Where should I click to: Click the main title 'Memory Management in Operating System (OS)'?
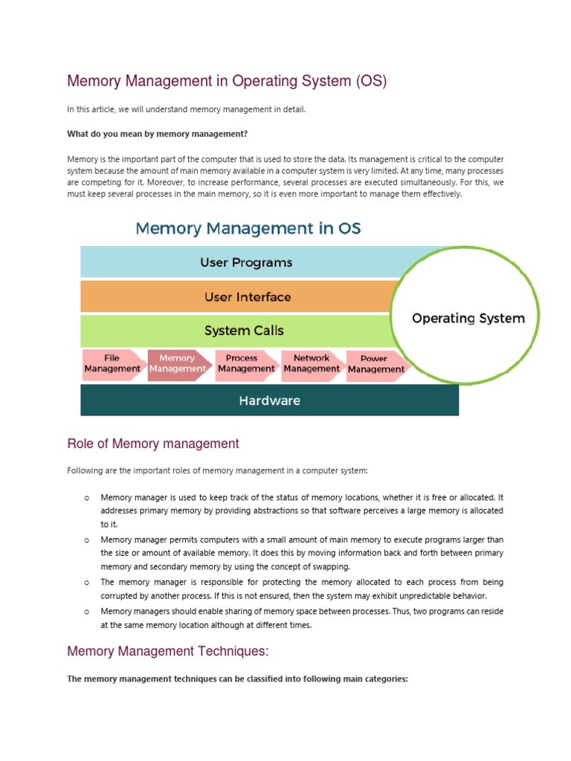(227, 80)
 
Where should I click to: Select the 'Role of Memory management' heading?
(153, 444)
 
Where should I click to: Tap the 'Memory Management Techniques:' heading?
(167, 652)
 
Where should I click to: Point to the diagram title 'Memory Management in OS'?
(248, 227)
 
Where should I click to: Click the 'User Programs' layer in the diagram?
(246, 262)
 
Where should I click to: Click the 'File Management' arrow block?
(112, 363)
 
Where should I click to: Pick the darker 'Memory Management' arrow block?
(177, 363)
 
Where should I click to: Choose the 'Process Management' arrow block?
(245, 363)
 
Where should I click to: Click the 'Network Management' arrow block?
(311, 363)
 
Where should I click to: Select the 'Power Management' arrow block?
(375, 363)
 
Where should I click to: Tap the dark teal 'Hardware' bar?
(269, 401)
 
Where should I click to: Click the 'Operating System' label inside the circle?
(468, 318)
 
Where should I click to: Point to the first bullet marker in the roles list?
(86, 497)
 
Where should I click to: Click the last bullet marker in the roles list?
(86, 611)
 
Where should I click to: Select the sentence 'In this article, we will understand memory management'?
(186, 109)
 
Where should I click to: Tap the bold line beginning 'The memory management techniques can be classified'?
(237, 679)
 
